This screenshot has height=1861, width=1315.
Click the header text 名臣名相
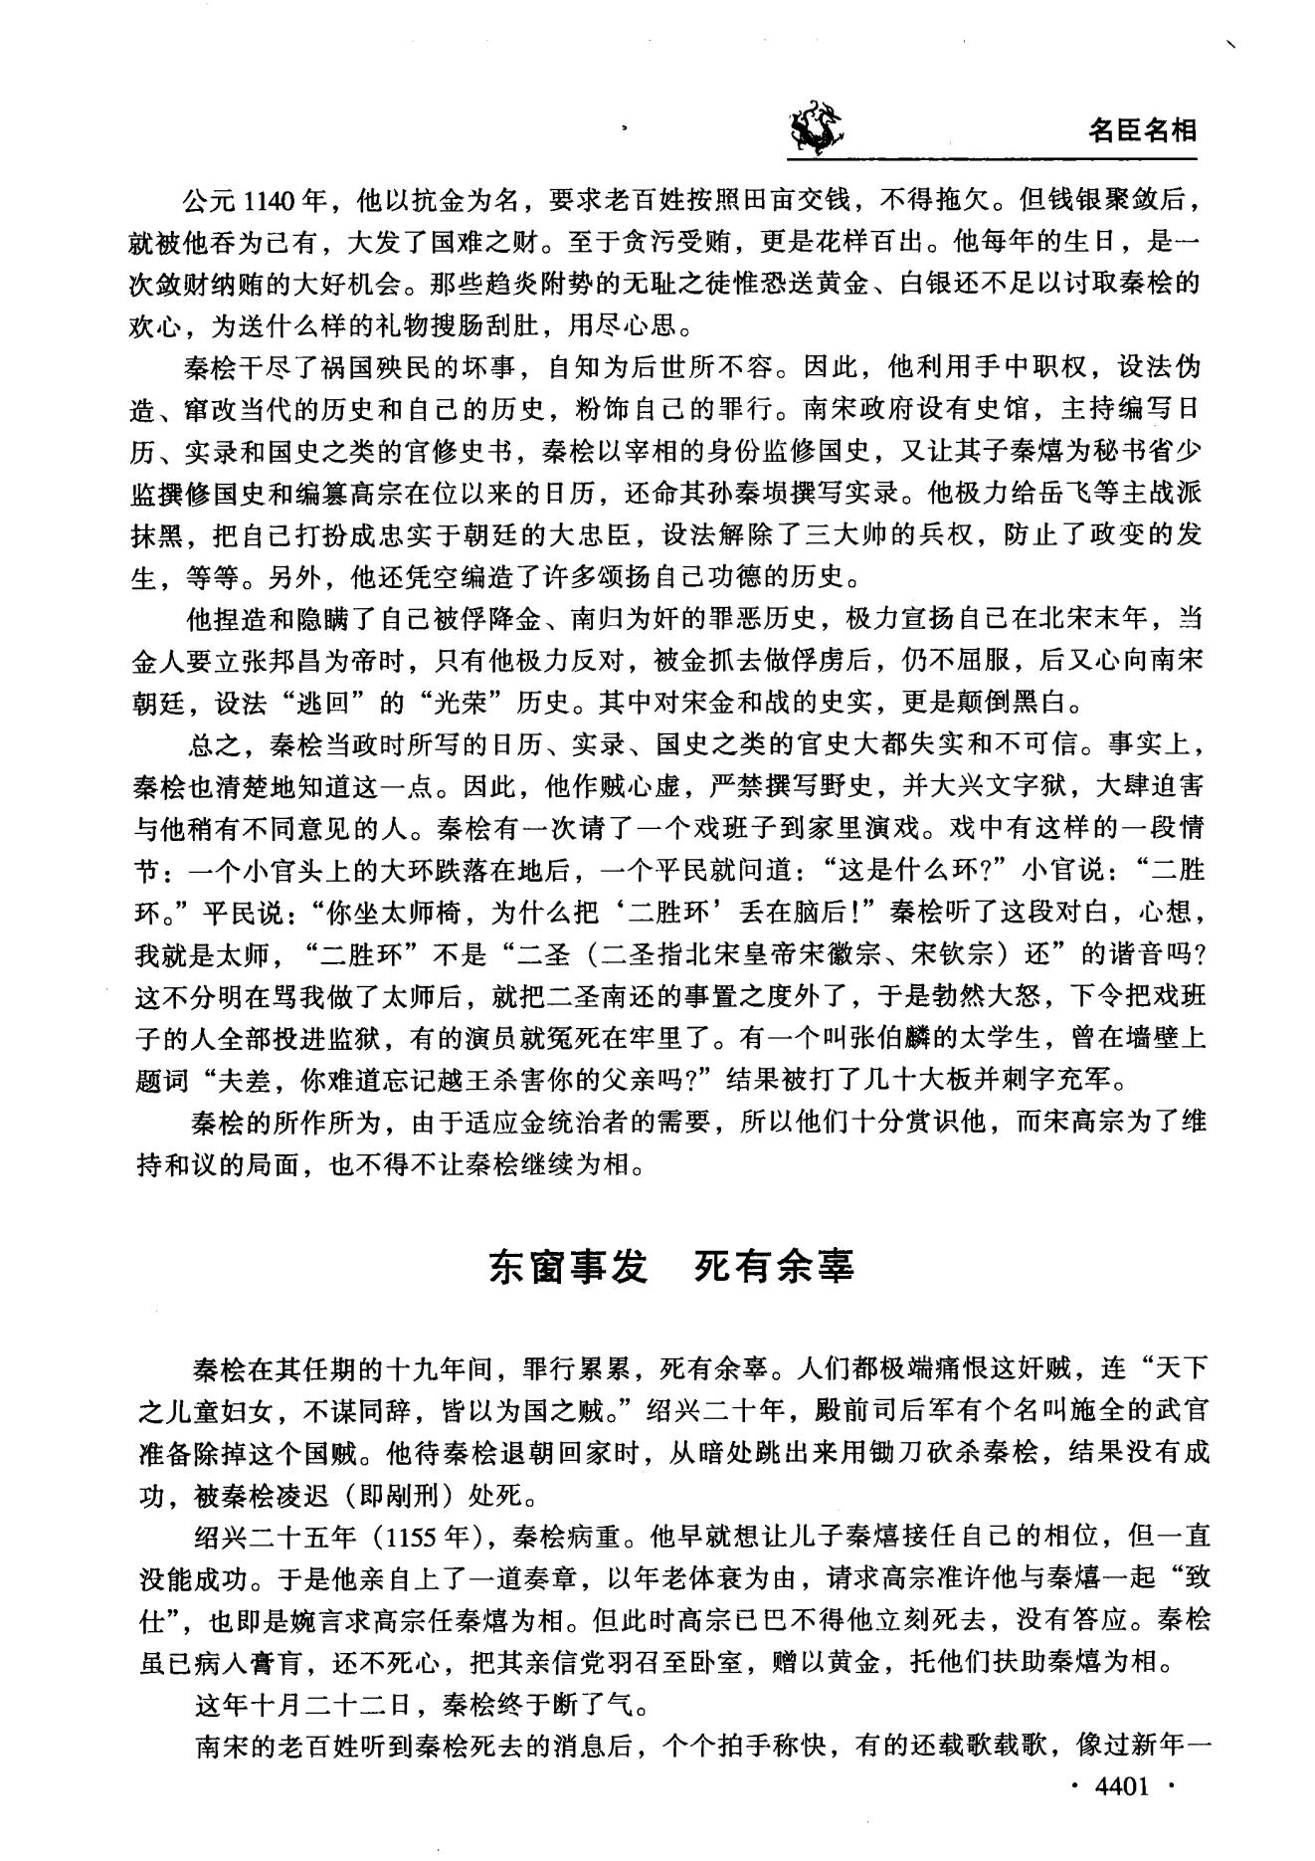[1143, 131]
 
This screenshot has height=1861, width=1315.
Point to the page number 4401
[1121, 1786]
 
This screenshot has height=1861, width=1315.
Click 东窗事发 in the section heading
[567, 1267]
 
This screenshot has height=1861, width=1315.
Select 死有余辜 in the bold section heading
[773, 1267]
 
